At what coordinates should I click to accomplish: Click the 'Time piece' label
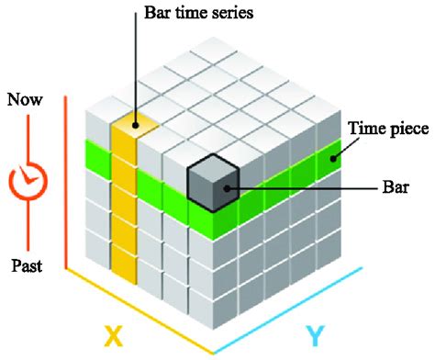388,129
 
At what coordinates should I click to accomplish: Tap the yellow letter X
112,337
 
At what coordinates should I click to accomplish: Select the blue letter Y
314,336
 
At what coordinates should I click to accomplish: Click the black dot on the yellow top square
136,124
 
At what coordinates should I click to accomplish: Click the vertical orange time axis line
64,184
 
